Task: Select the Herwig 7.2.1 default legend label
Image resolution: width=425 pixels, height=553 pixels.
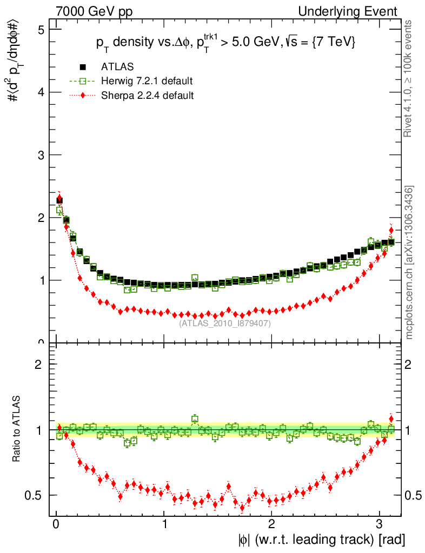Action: tap(147, 81)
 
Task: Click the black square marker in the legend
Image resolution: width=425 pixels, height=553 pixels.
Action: tap(83, 67)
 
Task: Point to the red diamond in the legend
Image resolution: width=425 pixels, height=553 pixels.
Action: tap(83, 96)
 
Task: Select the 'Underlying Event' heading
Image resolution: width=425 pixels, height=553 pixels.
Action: tap(356, 11)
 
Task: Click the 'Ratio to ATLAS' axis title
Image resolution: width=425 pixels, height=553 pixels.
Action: tap(17, 429)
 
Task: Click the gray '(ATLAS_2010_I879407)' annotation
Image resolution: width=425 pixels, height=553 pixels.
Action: tap(225, 323)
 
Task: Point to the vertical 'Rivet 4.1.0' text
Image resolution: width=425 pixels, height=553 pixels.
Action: tap(409, 78)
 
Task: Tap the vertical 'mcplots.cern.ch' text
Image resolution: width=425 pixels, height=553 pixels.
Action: tap(409, 262)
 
